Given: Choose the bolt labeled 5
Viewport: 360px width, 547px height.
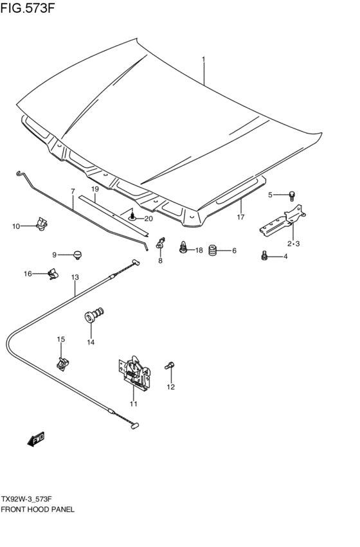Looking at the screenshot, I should pyautogui.click(x=291, y=194).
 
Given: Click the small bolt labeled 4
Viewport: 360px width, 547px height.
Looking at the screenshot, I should pyautogui.click(x=264, y=256).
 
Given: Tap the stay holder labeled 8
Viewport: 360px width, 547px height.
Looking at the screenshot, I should pyautogui.click(x=160, y=244).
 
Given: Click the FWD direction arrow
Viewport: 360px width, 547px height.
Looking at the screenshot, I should pyautogui.click(x=36, y=439).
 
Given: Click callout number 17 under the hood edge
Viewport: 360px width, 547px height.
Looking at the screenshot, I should pyautogui.click(x=241, y=217).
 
